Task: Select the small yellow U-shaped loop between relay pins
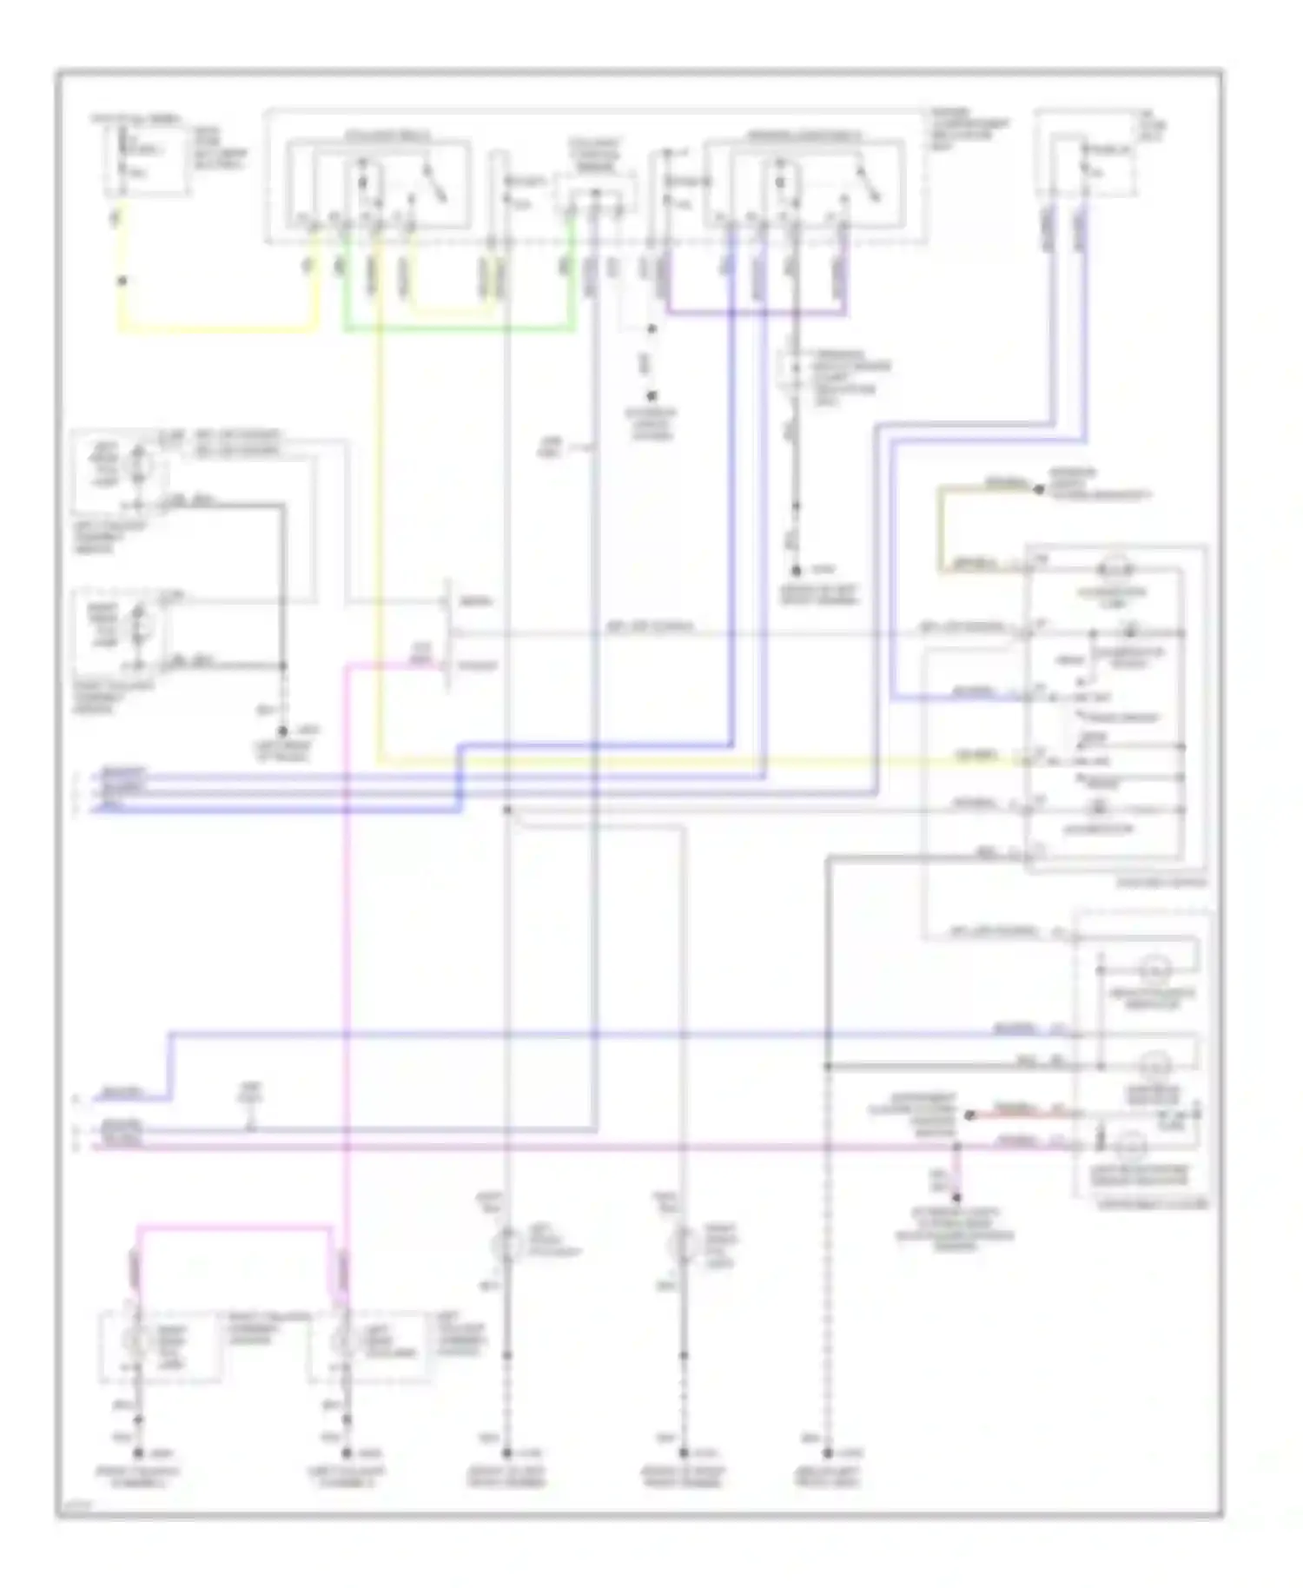tap(452, 310)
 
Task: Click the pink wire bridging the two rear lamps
tap(235, 1227)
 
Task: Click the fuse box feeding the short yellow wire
tap(145, 161)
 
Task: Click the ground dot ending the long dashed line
tap(828, 1452)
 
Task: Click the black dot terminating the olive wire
tap(1038, 490)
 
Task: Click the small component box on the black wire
tap(793, 369)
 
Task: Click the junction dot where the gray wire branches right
tap(507, 810)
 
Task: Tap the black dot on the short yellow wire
tap(122, 281)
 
